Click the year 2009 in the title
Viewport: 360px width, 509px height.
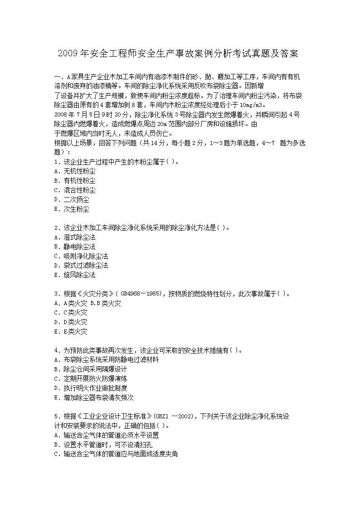[68, 53]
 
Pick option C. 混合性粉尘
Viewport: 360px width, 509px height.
[74, 190]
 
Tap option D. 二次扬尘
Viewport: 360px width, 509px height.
[71, 199]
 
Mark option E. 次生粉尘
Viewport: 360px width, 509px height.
[71, 209]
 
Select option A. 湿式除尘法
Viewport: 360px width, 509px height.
[74, 237]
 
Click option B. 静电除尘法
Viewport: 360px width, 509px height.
[74, 247]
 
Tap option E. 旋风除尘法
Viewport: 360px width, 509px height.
[74, 275]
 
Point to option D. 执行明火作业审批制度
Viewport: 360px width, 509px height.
[90, 388]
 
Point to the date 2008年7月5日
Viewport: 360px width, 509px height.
[75, 114]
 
